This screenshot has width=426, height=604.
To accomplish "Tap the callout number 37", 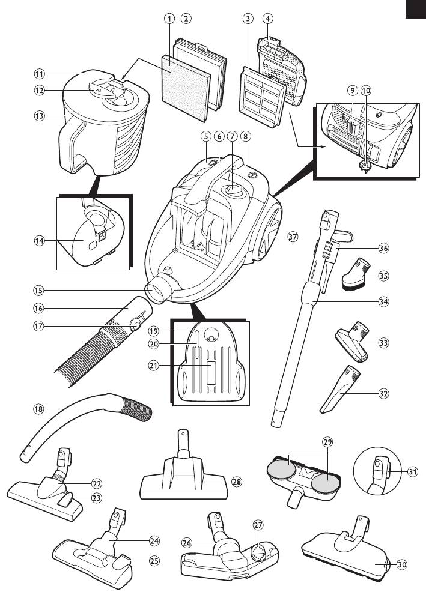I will coord(293,237).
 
